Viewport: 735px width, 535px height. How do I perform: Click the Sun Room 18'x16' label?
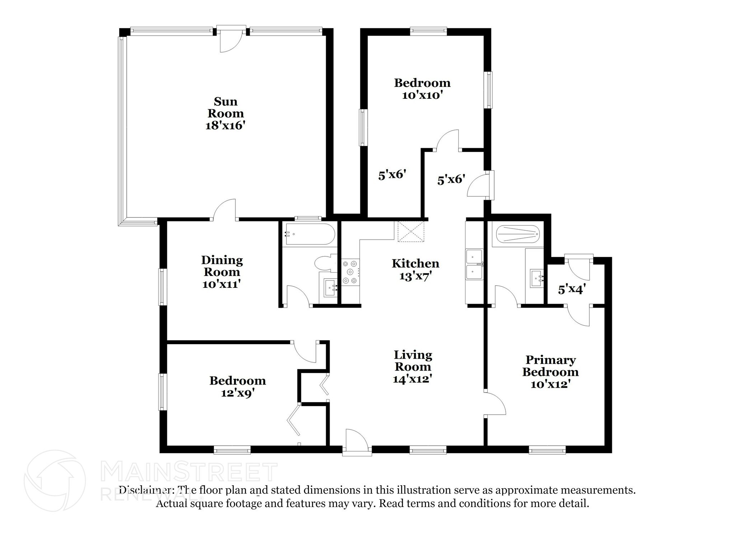(x=225, y=114)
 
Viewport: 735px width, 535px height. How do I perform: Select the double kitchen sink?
(x=474, y=264)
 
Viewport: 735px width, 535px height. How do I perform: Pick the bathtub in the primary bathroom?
(x=518, y=235)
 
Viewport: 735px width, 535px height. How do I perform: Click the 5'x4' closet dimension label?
(x=572, y=289)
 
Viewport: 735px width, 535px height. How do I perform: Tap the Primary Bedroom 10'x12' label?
(x=550, y=372)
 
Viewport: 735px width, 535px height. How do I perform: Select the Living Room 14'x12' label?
(x=413, y=367)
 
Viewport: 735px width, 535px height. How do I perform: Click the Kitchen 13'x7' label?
(x=415, y=269)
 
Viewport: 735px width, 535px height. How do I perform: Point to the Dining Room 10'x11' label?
(x=221, y=272)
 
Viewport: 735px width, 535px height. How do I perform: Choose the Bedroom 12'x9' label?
(x=238, y=387)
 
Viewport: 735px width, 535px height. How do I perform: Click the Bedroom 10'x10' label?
(x=422, y=89)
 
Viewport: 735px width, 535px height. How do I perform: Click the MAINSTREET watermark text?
(x=189, y=472)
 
